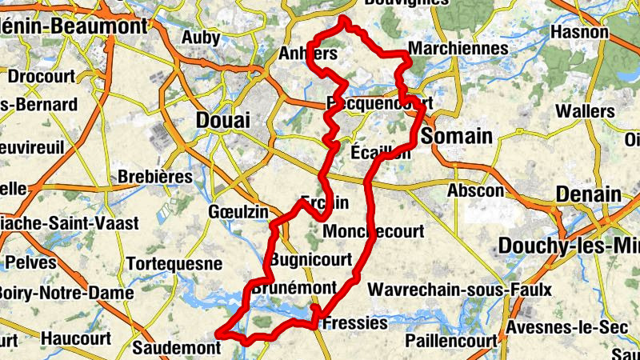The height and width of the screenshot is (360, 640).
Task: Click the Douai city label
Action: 222,120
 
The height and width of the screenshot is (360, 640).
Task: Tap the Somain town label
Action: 456,136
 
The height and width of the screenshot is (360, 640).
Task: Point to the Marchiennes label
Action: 458,49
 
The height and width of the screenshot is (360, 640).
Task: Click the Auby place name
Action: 201,38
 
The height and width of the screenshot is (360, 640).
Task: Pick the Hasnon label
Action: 580,33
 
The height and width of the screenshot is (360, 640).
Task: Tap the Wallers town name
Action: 585,110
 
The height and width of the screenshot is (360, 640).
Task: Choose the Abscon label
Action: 476,191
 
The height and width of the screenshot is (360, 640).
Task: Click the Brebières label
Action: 155,176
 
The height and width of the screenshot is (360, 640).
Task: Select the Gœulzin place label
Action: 234,210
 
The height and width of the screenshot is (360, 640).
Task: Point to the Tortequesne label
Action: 174,263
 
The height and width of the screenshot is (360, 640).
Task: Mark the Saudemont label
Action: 176,348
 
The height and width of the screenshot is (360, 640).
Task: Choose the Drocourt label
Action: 42,78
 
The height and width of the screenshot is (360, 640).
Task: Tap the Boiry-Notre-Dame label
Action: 66,293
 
